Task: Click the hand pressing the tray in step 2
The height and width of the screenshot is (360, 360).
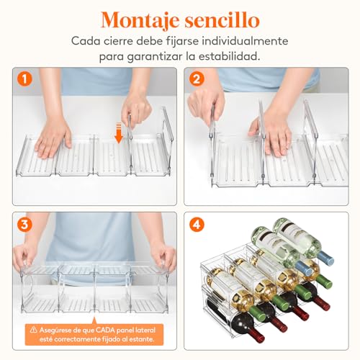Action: (x=273, y=132)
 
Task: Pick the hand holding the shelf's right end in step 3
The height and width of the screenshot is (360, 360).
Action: (x=164, y=253)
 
